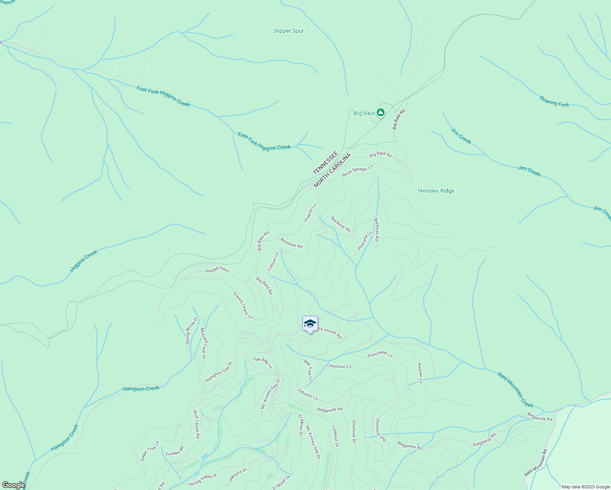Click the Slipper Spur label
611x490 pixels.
pos(288,31)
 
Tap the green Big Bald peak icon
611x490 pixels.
pos(380,112)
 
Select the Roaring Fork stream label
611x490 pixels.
pos(554,101)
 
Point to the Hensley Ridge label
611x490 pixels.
pos(436,191)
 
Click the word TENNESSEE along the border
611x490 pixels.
pos(326,163)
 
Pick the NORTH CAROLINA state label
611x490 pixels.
pos(332,171)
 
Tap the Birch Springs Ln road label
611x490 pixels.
pos(357,171)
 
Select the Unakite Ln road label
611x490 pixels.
pos(310,213)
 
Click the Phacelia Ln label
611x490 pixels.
pos(365,241)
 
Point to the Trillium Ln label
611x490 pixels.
pos(273,262)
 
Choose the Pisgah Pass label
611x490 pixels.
pos(217,270)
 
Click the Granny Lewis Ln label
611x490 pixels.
pos(243,305)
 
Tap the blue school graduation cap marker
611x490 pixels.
pos(310,323)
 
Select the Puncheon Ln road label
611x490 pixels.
pos(380,354)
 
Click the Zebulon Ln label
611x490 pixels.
pos(308,394)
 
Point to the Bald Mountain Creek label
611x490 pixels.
pos(515,390)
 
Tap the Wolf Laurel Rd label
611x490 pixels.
pos(196,424)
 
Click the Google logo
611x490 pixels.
pos(13,485)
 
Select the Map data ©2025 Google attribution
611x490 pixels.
pos(585,487)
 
